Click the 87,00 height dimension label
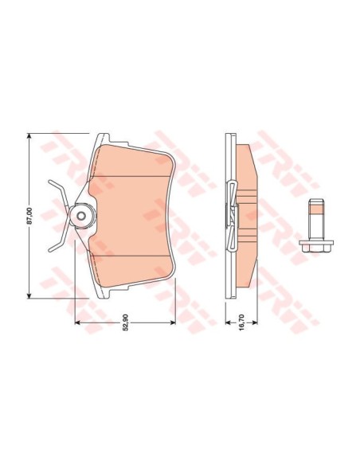pyautogui.click(x=29, y=216)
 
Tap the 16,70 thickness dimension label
pyautogui.click(x=241, y=322)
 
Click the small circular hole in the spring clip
pyautogui.click(x=81, y=216)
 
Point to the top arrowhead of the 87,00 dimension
pyautogui.click(x=29, y=136)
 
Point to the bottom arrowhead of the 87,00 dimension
pyautogui.click(x=29, y=295)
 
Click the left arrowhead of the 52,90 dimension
pyautogui.click(x=77, y=322)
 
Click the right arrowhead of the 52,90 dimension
pyautogui.click(x=173, y=322)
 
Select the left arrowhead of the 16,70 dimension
pyautogui.click(x=228, y=322)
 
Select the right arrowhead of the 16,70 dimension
pyautogui.click(x=255, y=322)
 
